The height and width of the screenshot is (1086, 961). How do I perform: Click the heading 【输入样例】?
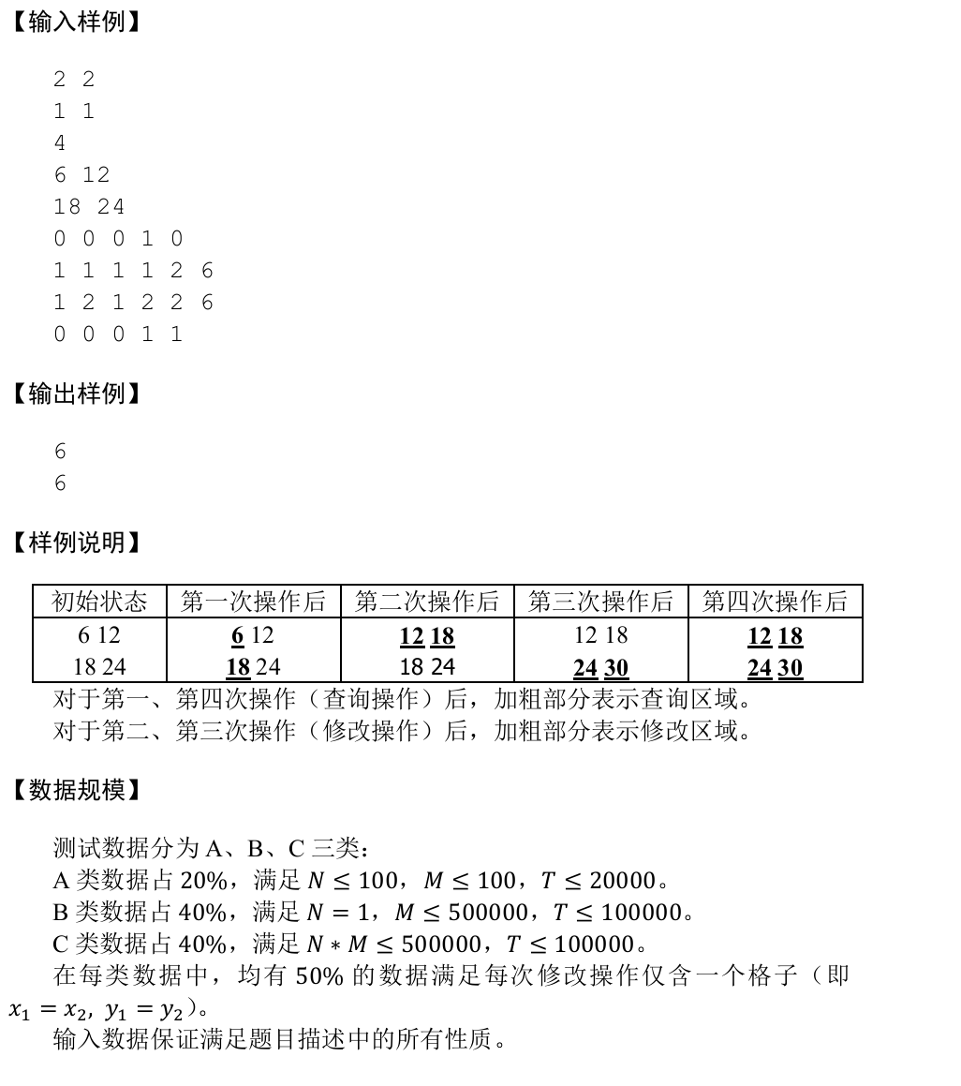76,22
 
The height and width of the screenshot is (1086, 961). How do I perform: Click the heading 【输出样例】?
76,394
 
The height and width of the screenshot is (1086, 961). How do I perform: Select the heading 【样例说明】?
76,543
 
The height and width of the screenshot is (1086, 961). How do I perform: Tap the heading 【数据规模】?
76,790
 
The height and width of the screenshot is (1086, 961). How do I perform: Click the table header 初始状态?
99,602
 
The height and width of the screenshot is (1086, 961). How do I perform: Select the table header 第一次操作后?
253,602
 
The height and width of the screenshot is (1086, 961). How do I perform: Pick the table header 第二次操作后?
427,602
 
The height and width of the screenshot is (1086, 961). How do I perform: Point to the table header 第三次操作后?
600,602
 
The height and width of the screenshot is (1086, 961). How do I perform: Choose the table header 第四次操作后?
775,602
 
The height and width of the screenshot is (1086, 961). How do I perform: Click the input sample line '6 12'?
81,175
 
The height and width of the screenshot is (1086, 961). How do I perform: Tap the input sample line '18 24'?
89,207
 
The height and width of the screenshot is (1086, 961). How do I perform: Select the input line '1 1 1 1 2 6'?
133,271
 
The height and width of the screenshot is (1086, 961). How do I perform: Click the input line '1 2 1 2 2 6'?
133,303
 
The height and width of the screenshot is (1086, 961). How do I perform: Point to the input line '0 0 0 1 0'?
118,239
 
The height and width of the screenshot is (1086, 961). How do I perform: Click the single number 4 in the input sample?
60,143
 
